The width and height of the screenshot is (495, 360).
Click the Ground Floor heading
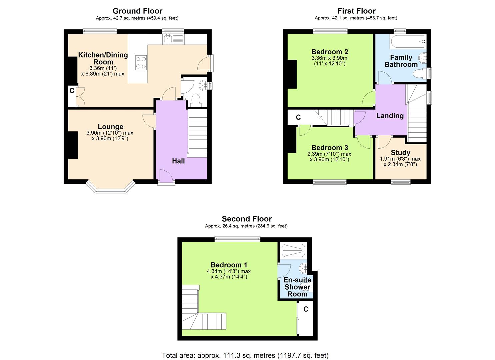coord(137,11)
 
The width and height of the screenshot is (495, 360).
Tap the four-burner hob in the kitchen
coord(141,63)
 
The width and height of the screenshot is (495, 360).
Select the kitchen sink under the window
coord(168,39)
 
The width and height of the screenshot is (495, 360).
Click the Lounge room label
coord(110,127)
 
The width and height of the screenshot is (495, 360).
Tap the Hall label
coord(178,161)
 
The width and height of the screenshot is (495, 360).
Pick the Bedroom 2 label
coord(329,52)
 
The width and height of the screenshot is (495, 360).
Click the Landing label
coord(390,116)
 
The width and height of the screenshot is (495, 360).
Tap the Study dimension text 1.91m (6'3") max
coord(400,159)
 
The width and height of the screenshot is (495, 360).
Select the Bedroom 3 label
coord(329,148)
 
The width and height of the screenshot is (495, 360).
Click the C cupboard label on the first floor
coord(298,117)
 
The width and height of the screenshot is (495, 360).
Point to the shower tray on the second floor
coord(293,250)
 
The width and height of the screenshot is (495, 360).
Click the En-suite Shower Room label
coord(297,287)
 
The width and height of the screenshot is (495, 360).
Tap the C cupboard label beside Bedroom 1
coord(306,309)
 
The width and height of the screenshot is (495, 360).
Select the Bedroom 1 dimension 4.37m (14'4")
coord(229,277)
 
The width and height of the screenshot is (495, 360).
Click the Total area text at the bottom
coord(245,355)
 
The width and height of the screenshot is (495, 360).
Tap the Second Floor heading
coord(247,219)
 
